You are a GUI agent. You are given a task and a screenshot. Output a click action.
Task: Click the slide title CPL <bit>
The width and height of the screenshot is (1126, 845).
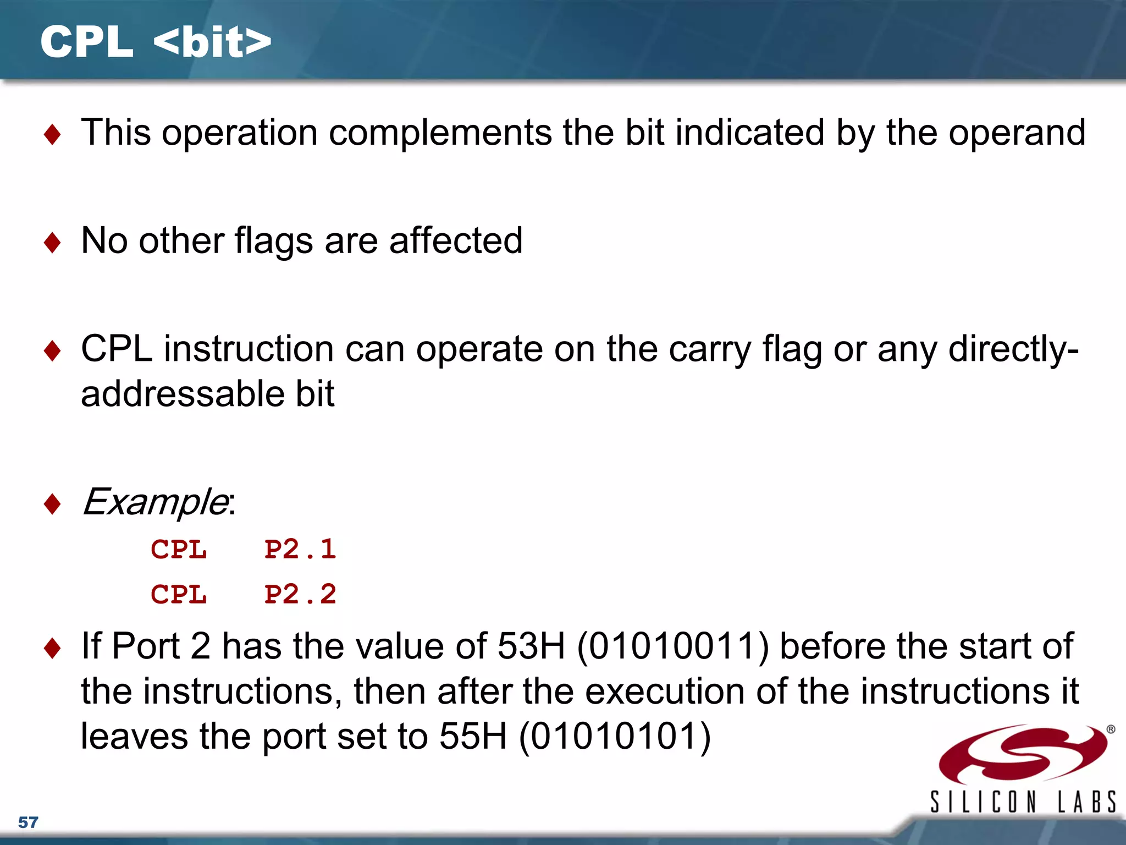pos(156,42)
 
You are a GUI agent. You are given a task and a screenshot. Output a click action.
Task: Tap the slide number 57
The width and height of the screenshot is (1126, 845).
pos(28,822)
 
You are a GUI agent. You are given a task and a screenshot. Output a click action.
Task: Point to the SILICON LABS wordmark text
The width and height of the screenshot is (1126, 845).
pos(1023,802)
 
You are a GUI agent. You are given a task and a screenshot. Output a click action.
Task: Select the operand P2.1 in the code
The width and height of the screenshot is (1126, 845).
pos(300,549)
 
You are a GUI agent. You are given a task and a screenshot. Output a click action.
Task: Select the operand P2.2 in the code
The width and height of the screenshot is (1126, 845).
pos(300,594)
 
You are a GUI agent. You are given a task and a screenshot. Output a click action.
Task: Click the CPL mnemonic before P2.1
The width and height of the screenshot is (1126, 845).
pos(179,549)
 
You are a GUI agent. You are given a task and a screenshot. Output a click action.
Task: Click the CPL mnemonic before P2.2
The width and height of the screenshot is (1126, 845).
pos(179,594)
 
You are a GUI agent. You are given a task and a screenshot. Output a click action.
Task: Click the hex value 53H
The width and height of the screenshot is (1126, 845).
pos(531,646)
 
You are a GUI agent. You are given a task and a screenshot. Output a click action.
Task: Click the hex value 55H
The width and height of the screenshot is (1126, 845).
pos(473,736)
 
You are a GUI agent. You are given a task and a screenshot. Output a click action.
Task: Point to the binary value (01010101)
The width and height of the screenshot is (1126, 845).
pos(615,736)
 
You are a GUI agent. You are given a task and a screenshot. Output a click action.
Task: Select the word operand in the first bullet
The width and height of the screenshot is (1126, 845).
pos(1017,133)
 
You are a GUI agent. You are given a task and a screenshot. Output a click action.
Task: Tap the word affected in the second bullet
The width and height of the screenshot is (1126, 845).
pos(456,240)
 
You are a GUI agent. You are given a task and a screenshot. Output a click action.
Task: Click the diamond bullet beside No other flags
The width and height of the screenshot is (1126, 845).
pos(52,242)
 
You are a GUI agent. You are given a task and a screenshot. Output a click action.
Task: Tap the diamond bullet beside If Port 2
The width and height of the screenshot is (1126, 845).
pos(52,648)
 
